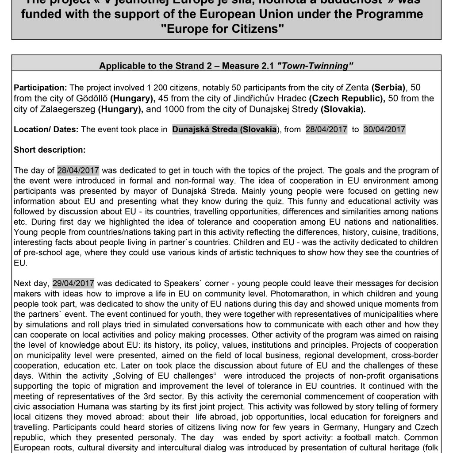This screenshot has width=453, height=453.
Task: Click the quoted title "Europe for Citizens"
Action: click(x=226, y=29)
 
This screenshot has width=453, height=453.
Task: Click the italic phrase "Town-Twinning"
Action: click(x=315, y=66)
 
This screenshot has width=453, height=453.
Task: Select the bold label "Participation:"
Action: click(x=40, y=88)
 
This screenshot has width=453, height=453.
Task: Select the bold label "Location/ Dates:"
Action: click(x=46, y=130)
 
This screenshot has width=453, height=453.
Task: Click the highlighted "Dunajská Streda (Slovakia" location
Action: click(x=224, y=130)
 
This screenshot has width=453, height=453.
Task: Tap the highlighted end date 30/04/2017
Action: click(x=384, y=130)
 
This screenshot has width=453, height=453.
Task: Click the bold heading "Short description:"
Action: click(x=50, y=150)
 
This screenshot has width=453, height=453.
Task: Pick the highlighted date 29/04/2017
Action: click(x=73, y=283)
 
